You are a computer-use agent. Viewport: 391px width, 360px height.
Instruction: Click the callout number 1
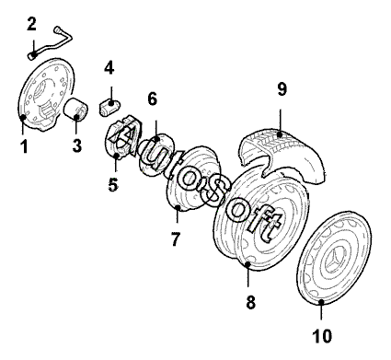click(x=24, y=146)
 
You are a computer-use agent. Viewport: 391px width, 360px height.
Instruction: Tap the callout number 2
click(x=31, y=24)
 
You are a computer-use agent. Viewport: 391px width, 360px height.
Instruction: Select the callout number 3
click(x=77, y=145)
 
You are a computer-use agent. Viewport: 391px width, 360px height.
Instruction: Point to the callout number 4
click(x=109, y=68)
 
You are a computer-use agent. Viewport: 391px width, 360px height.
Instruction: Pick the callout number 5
click(x=113, y=185)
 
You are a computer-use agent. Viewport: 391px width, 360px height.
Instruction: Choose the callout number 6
click(x=152, y=99)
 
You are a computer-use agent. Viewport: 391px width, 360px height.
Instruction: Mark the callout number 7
click(x=175, y=239)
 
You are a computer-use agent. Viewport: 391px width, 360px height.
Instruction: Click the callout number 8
click(x=250, y=302)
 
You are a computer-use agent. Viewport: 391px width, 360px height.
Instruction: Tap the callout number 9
click(x=282, y=89)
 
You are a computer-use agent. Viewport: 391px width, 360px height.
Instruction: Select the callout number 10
click(x=322, y=336)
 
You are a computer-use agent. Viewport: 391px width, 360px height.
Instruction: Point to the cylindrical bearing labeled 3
click(x=75, y=110)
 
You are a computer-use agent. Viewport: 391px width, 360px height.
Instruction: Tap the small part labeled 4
click(x=109, y=108)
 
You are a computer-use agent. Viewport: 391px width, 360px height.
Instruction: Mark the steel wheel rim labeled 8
click(x=260, y=219)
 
